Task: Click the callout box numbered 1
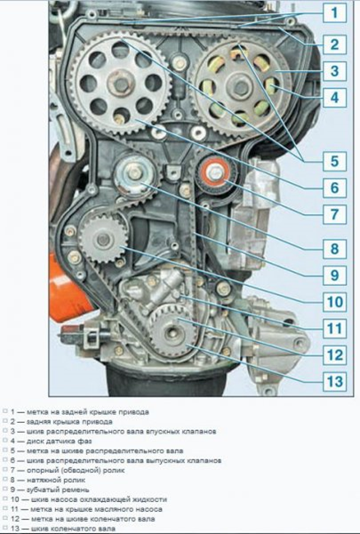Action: tap(334, 13)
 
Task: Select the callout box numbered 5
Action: tap(334, 162)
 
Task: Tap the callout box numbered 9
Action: tap(334, 275)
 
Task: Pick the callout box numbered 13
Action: tap(334, 381)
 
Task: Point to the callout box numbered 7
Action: tap(334, 214)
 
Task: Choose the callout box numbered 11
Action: tap(334, 328)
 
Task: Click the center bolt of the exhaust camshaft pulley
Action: tap(120, 84)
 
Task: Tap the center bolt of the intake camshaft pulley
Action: tap(240, 86)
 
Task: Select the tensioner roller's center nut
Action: tap(135, 173)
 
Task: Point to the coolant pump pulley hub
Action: tap(103, 240)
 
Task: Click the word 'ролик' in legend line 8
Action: tap(75, 480)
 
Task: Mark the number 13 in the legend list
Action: tap(15, 529)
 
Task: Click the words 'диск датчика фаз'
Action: tap(60, 441)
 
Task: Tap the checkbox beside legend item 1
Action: tap(4, 411)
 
